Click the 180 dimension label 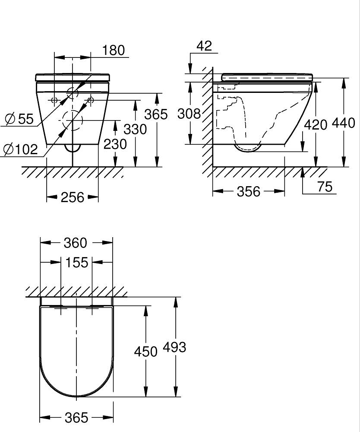[114, 50]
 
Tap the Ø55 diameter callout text [19, 119]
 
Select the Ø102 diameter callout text [21, 149]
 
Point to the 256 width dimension [73, 197]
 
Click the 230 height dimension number [115, 144]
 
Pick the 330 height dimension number [135, 129]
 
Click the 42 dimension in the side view [204, 46]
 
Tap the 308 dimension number [189, 114]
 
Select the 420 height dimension [316, 125]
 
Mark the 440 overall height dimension [344, 123]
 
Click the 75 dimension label [325, 187]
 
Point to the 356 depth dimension [249, 191]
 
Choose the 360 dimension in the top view [76, 243]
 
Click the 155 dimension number [77, 262]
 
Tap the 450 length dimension [146, 352]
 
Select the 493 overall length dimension [174, 347]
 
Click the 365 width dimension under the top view [76, 418]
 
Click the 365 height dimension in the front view [156, 114]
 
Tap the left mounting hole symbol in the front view [54, 100]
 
